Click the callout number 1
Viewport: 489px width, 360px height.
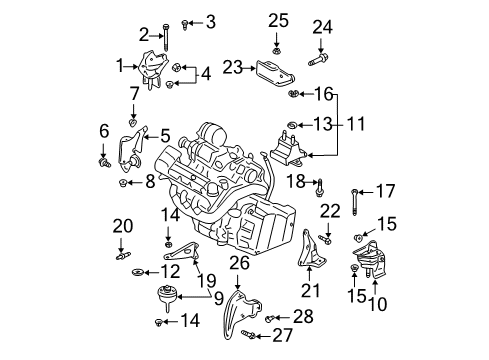pos(121,65)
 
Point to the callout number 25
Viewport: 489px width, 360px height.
pos(277,19)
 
